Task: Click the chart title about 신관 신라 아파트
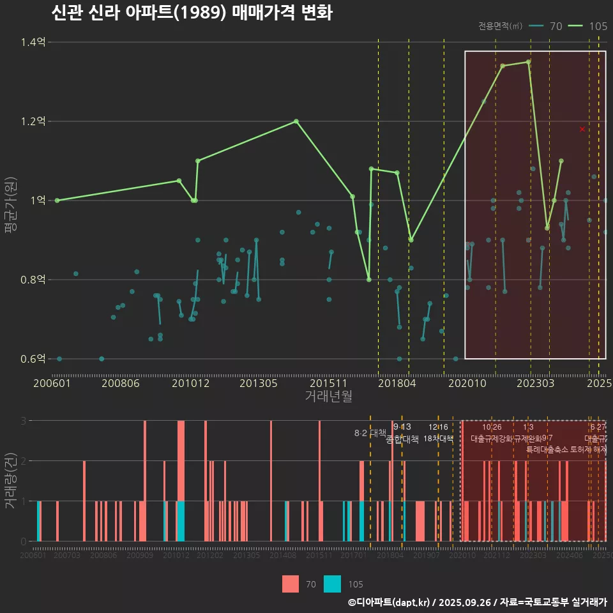(191, 13)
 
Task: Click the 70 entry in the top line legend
(556, 26)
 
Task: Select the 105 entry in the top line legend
(598, 26)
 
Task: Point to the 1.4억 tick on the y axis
(34, 42)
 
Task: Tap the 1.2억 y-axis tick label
(34, 121)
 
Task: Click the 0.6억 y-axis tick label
(34, 359)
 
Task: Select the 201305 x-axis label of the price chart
(259, 384)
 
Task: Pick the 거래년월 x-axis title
(328, 397)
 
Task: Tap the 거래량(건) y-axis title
(11, 478)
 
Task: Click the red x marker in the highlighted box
(582, 129)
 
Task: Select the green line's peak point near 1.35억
(528, 62)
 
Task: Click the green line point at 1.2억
(296, 121)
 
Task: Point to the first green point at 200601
(57, 201)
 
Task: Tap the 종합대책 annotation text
(402, 439)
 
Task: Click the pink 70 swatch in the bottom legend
(291, 584)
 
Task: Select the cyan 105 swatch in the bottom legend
(333, 584)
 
